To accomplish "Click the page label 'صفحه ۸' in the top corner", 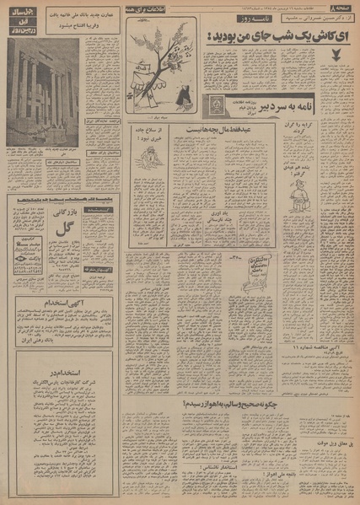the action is [343, 7].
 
